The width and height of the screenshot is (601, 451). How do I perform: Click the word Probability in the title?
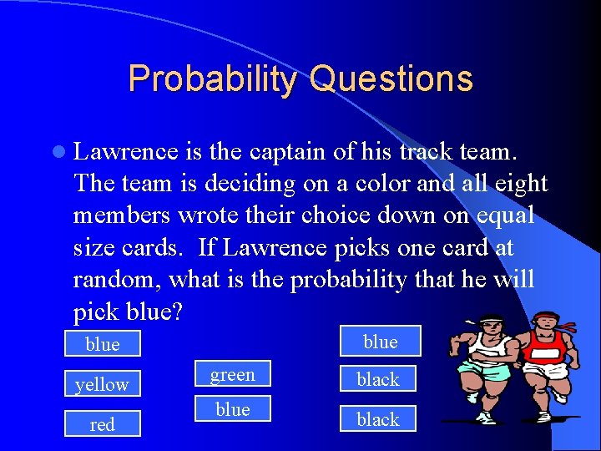(x=212, y=79)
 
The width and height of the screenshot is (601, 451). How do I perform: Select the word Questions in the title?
(x=391, y=79)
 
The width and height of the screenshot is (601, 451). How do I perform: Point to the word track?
(x=424, y=151)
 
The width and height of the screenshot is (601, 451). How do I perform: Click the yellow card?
(x=102, y=384)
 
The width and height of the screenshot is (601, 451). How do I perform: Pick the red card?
(x=102, y=424)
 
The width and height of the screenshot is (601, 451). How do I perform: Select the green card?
(x=232, y=375)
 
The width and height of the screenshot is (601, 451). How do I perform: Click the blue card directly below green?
(x=232, y=408)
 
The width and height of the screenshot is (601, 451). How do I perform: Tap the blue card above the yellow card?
(x=102, y=344)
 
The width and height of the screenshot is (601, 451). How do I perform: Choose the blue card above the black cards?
(x=380, y=342)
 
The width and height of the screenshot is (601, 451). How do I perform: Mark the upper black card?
(x=378, y=379)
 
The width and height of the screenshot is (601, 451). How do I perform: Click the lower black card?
(x=378, y=419)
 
